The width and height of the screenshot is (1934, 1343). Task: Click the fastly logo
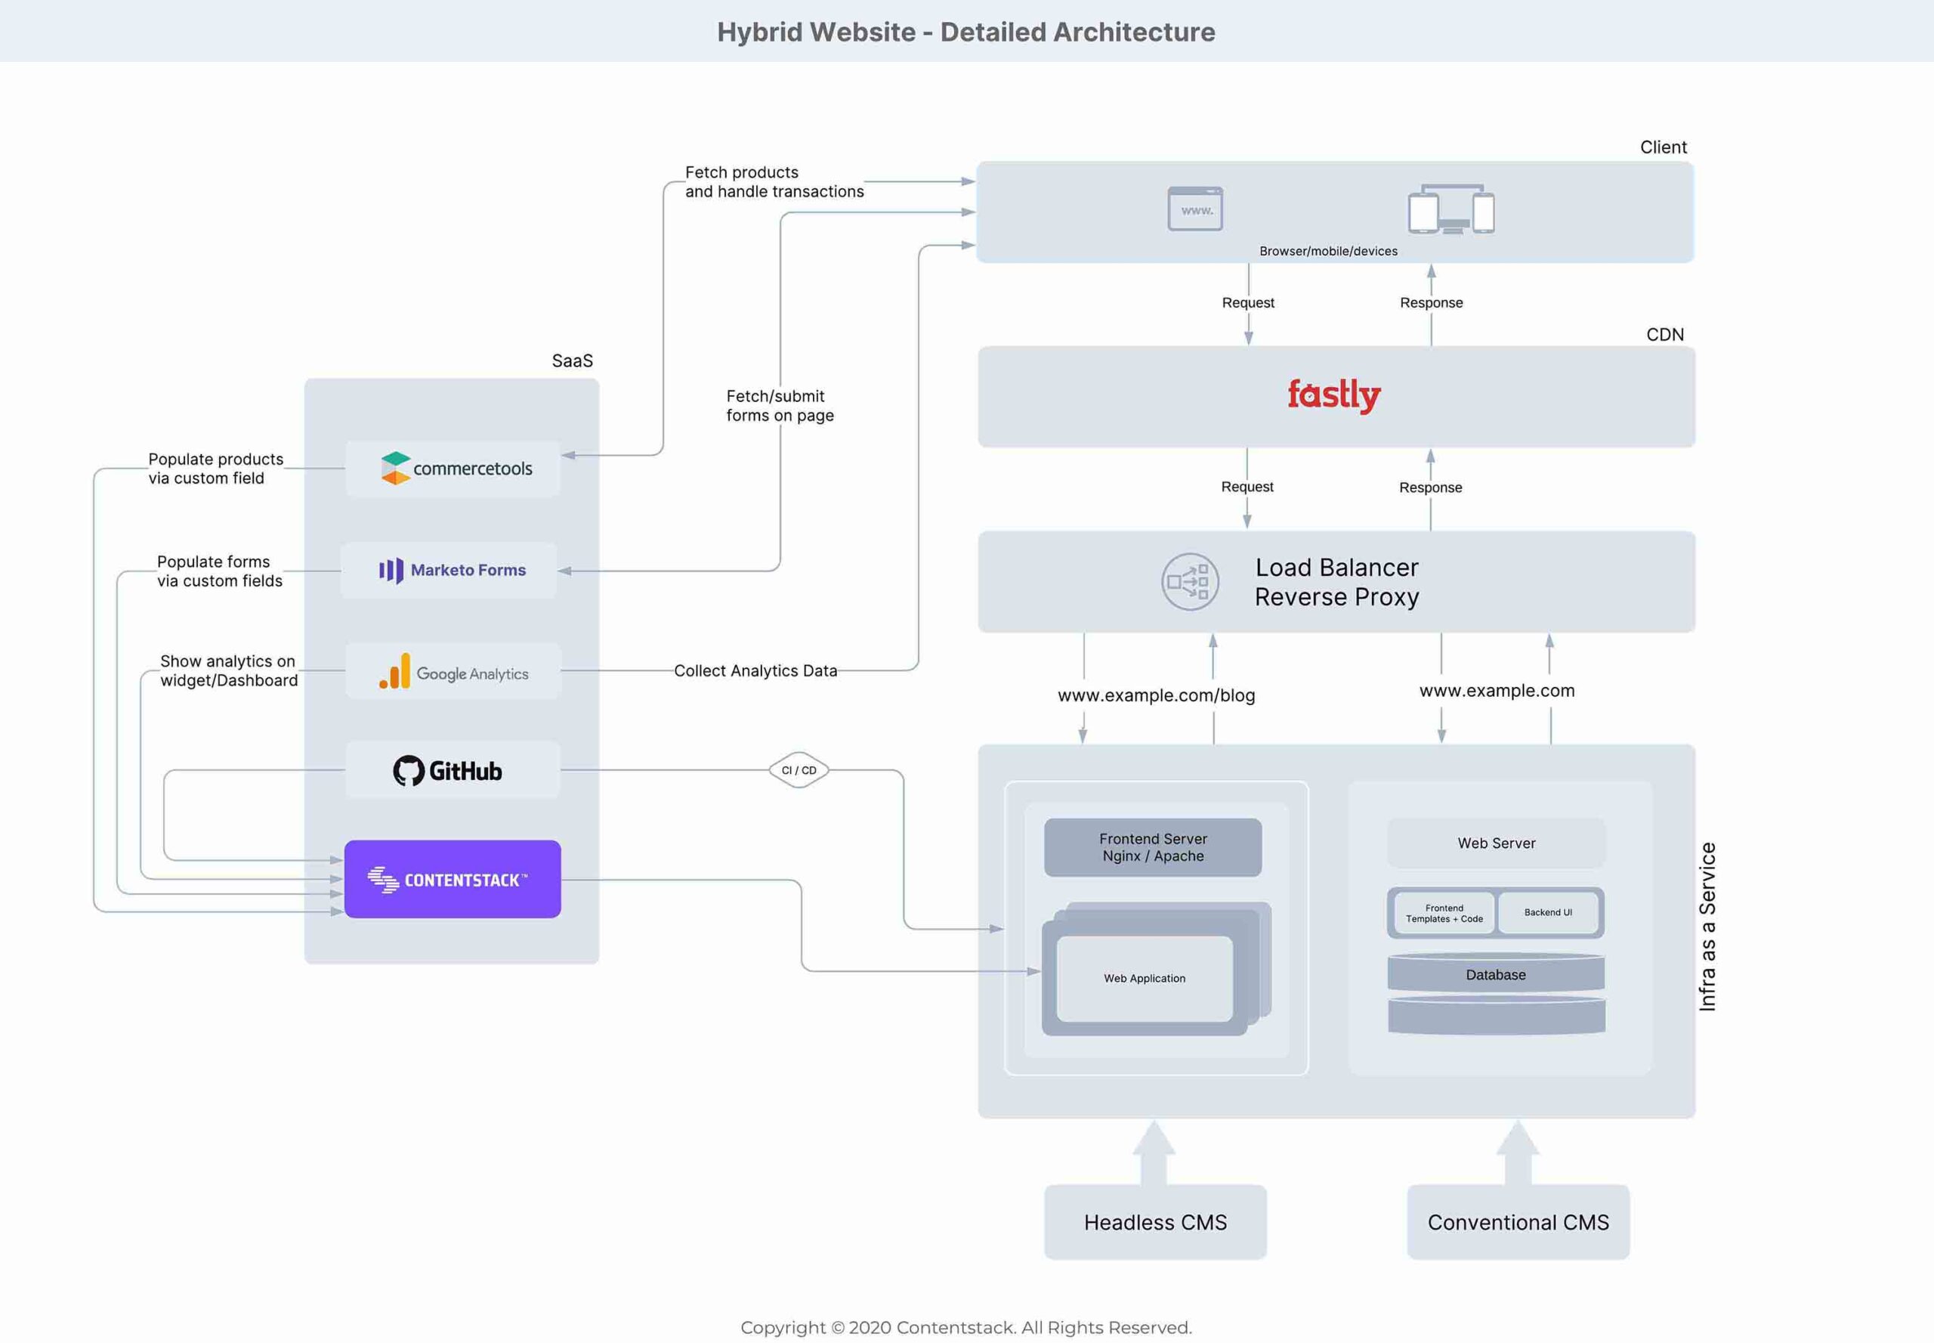(x=1333, y=395)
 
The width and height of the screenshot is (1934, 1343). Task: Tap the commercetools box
(x=453, y=469)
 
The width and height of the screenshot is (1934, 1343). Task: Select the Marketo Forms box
(x=450, y=571)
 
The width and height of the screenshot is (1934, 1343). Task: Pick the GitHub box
(x=453, y=770)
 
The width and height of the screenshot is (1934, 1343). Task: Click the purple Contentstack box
(x=453, y=880)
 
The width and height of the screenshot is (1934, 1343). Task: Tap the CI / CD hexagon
(x=799, y=770)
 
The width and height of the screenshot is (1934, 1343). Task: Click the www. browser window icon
(x=1194, y=209)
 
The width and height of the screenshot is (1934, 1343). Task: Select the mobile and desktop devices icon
(x=1451, y=209)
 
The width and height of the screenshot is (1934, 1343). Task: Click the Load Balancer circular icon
(x=1190, y=581)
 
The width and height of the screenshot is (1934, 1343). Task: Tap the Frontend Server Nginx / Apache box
(x=1153, y=847)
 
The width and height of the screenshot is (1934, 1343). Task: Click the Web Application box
(x=1144, y=979)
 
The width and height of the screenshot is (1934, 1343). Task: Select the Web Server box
(x=1496, y=843)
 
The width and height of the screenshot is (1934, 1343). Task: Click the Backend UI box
(x=1548, y=913)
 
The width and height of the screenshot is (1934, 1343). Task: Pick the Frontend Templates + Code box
(x=1444, y=914)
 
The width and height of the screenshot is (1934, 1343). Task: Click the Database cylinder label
(x=1495, y=975)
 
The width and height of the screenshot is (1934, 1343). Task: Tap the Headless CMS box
(x=1155, y=1222)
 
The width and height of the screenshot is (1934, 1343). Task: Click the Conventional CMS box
(x=1518, y=1222)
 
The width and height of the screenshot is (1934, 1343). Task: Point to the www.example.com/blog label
(x=1156, y=695)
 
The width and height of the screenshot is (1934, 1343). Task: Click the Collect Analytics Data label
(x=755, y=670)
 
